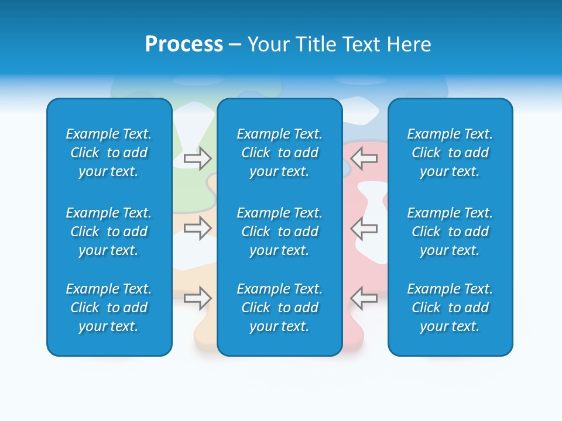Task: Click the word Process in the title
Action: (x=184, y=44)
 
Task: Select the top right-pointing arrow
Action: (x=198, y=158)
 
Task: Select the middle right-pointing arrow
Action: (x=198, y=228)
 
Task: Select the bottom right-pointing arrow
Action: (x=198, y=298)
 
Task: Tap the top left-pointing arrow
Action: (x=364, y=158)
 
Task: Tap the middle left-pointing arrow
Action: (x=364, y=228)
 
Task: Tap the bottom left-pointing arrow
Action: (x=364, y=298)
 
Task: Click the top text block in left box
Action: (x=109, y=153)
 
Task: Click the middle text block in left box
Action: (x=109, y=232)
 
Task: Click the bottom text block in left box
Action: (x=109, y=308)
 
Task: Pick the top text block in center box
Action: (x=279, y=153)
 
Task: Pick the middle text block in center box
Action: (x=279, y=232)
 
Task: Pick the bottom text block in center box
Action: (x=279, y=308)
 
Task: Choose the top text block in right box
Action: (x=450, y=153)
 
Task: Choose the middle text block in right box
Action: (x=450, y=232)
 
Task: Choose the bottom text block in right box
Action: (x=450, y=308)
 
